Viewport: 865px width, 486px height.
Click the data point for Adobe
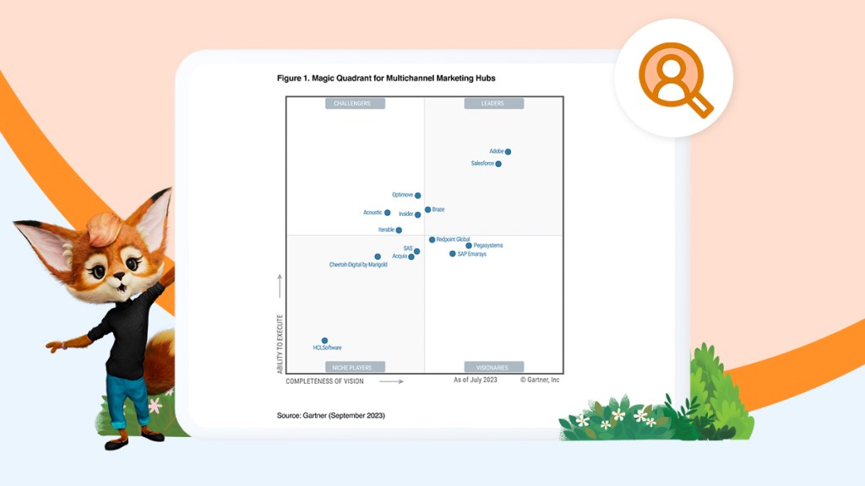tap(508, 152)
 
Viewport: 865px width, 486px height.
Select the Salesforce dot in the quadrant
tap(498, 164)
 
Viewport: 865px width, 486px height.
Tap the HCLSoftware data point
tap(324, 341)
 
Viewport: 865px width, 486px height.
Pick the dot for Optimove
tap(417, 196)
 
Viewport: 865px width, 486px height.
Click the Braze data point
tap(428, 209)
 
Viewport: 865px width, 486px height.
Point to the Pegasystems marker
tap(469, 246)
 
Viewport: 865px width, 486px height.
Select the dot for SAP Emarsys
tap(453, 254)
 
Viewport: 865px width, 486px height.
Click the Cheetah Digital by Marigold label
tap(358, 265)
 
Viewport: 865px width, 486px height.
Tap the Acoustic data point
tap(388, 213)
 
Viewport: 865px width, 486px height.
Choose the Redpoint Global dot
tap(432, 240)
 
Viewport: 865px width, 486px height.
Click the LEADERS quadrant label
tap(493, 104)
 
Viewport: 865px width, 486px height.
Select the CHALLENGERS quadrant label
tap(355, 104)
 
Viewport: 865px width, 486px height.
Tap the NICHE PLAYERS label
tap(355, 367)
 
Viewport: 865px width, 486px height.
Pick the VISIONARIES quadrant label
tap(493, 367)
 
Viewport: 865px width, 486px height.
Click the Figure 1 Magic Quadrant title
tap(386, 78)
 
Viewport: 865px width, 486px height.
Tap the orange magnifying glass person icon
tap(672, 78)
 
